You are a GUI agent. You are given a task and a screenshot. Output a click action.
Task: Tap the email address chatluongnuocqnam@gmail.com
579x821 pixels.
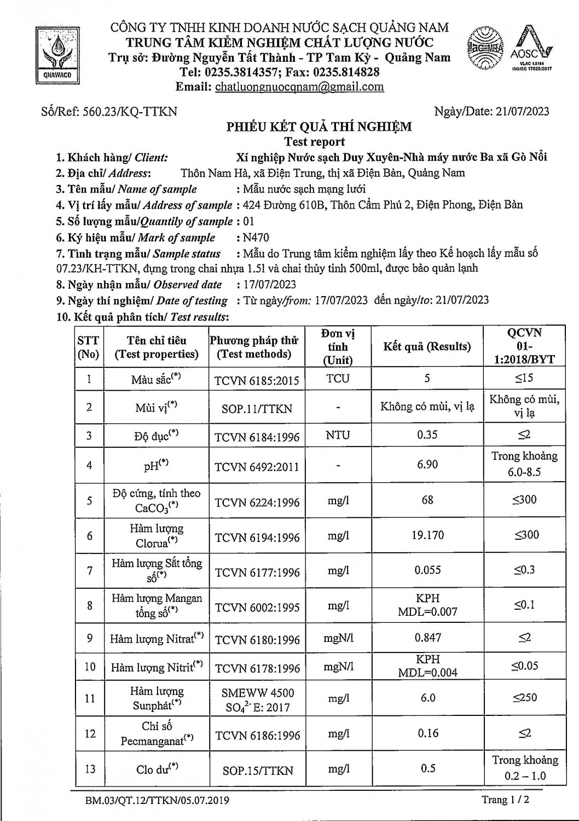tap(299, 86)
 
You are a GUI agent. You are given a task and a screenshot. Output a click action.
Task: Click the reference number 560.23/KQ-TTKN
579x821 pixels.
tap(129, 112)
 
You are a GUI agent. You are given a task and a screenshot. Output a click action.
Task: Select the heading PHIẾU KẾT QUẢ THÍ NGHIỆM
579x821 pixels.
tap(320, 127)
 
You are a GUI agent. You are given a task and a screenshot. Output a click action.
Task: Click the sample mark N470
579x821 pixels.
tap(256, 238)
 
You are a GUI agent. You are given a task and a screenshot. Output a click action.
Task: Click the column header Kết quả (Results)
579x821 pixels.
tap(427, 346)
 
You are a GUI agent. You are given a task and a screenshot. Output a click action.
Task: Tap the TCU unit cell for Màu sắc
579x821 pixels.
tap(338, 379)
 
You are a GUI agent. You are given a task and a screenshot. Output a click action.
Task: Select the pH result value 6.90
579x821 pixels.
tap(427, 464)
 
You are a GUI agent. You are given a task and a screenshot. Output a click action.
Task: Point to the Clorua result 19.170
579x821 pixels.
tap(427, 535)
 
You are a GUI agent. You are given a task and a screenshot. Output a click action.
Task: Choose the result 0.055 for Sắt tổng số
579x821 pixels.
tap(427, 570)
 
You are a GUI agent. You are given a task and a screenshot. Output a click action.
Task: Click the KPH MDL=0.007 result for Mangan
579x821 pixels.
tap(427, 605)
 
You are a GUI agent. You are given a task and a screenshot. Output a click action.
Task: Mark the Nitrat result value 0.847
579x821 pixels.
tap(427, 638)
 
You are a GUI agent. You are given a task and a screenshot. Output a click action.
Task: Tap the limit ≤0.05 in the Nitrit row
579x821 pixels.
tap(524, 666)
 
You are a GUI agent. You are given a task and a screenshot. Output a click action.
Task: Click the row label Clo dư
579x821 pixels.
tap(157, 769)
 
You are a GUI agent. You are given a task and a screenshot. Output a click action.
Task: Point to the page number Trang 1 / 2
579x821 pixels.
tap(505, 800)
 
